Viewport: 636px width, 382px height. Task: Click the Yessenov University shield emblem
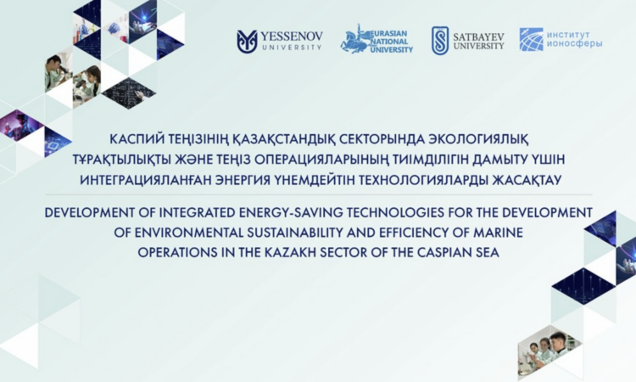247,42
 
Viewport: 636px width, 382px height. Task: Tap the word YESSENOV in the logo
292,37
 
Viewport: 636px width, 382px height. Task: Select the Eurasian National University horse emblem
354,40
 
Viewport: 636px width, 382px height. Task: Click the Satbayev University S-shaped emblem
440,41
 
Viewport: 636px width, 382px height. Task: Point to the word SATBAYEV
478,37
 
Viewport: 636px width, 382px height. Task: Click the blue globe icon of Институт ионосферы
531,39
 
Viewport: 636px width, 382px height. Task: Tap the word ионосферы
574,44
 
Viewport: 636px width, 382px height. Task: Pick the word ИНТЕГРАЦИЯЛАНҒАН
145,180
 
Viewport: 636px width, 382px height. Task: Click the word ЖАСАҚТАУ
527,180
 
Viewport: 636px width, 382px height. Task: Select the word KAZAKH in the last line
290,252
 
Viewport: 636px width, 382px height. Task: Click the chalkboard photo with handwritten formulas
129,93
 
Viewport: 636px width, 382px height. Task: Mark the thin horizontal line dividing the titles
319,195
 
